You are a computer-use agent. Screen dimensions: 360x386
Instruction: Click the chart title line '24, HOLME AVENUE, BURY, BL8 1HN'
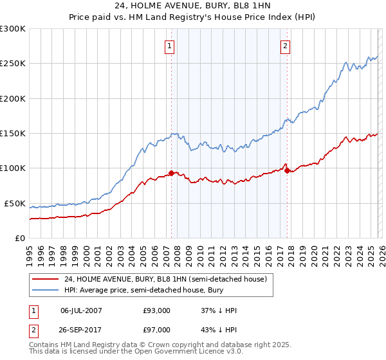click(x=193, y=6)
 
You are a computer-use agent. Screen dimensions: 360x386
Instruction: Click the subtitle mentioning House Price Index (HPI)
click(x=193, y=17)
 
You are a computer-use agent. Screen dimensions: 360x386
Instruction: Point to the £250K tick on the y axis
click(x=13, y=64)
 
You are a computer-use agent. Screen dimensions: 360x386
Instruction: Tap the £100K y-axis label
click(x=13, y=168)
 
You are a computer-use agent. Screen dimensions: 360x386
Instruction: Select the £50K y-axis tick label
click(x=15, y=203)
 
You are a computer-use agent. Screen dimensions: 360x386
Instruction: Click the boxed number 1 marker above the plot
click(x=169, y=46)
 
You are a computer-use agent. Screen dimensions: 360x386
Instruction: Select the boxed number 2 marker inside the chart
click(x=284, y=46)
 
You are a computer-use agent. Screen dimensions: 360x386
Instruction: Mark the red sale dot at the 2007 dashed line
click(x=172, y=173)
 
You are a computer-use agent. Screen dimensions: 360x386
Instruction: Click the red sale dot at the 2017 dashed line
click(x=288, y=170)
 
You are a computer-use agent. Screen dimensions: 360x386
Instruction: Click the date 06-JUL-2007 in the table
click(x=81, y=310)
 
